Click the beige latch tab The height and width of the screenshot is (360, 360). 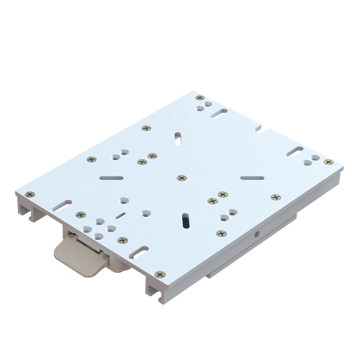(75, 256)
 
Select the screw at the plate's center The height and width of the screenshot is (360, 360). (181, 177)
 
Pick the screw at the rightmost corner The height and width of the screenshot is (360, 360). (328, 163)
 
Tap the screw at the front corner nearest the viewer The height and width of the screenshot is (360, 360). (159, 274)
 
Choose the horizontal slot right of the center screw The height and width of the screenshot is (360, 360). (252, 176)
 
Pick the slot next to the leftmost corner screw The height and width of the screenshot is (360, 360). (63, 204)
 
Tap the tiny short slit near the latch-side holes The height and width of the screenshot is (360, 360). (121, 215)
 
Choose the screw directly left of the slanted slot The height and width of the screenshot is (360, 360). (146, 128)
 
